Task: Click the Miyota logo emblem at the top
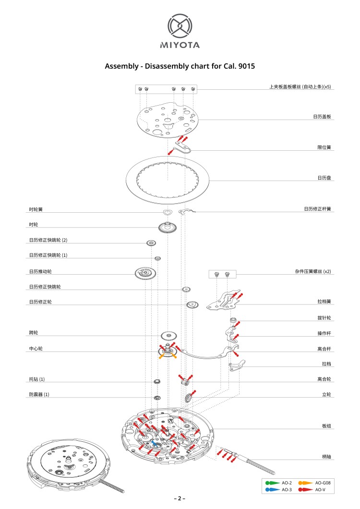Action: (x=180, y=26)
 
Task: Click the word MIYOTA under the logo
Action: (x=180, y=45)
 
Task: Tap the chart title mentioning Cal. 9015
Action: (x=180, y=66)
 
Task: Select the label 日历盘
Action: (x=324, y=178)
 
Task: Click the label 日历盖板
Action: (x=322, y=117)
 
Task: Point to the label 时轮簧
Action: (x=36, y=209)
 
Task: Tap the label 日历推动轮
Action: (x=40, y=272)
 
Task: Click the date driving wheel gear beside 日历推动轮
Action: (x=146, y=274)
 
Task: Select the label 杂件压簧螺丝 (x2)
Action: (x=312, y=271)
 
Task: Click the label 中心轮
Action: (x=36, y=348)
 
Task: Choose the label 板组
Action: (x=326, y=426)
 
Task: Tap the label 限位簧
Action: (x=324, y=147)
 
